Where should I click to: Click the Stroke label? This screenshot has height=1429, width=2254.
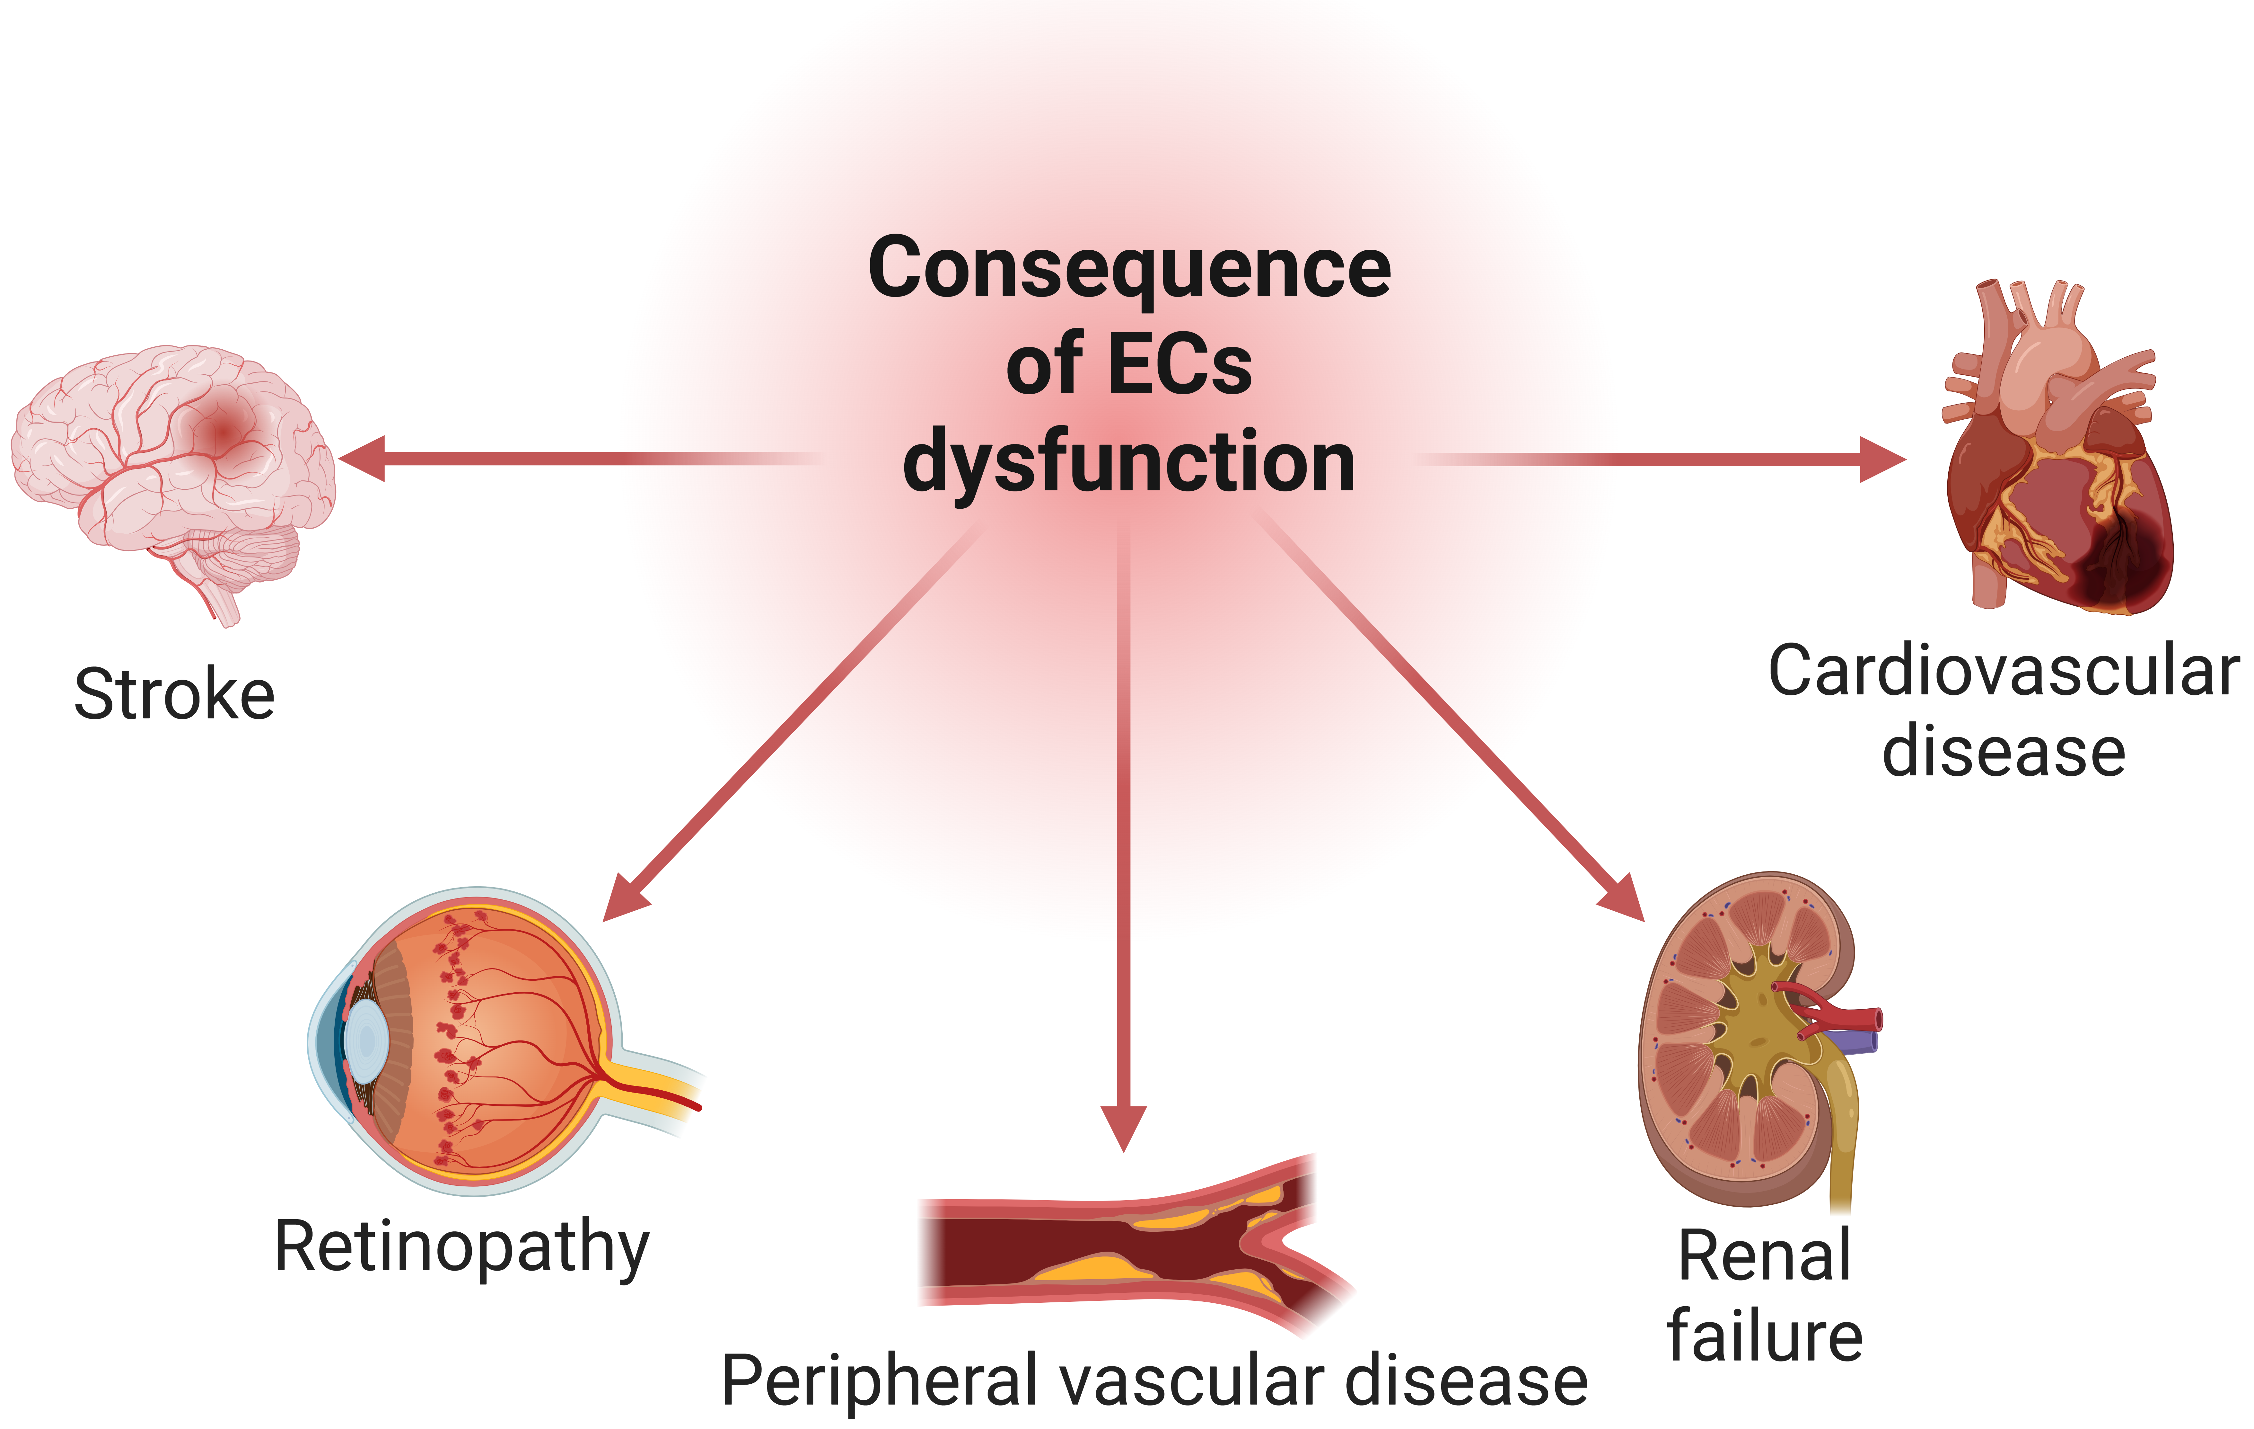pyautogui.click(x=175, y=695)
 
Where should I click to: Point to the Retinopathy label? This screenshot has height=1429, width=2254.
pyautogui.click(x=461, y=1247)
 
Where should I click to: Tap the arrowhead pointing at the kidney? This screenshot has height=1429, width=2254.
pyautogui.click(x=1624, y=899)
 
